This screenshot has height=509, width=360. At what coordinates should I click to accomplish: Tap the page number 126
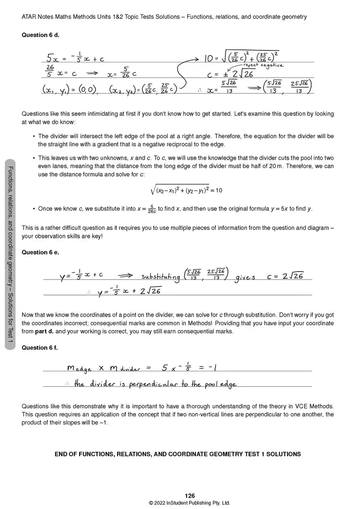(x=190, y=496)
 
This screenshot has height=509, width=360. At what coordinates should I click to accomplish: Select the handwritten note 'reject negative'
(x=263, y=65)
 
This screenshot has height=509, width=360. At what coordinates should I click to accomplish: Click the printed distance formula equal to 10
(x=187, y=190)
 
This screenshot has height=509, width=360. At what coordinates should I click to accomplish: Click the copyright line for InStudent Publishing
(x=190, y=503)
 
